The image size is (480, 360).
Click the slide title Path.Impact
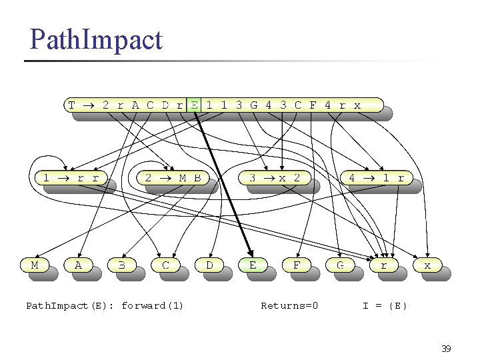(x=95, y=40)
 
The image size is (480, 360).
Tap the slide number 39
(x=446, y=349)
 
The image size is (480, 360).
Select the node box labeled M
(x=35, y=265)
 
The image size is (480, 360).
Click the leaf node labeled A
(x=78, y=265)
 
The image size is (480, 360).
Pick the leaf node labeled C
(x=165, y=265)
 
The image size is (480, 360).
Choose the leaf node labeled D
(x=209, y=265)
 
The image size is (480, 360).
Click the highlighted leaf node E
(x=253, y=265)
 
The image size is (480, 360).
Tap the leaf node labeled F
(x=297, y=265)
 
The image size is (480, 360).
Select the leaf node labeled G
(x=340, y=265)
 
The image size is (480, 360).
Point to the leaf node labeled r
(x=383, y=265)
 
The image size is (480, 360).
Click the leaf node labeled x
(x=427, y=265)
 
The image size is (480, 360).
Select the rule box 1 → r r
(x=70, y=178)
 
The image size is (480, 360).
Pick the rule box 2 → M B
(x=173, y=178)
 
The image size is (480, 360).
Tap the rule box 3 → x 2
(x=275, y=178)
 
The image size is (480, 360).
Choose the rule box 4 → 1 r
(x=377, y=178)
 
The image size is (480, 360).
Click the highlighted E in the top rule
(x=193, y=105)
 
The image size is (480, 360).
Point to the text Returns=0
(x=289, y=306)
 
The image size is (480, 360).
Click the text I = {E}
(x=385, y=306)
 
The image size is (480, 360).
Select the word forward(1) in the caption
(x=152, y=306)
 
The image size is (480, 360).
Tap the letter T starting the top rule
(x=72, y=105)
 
